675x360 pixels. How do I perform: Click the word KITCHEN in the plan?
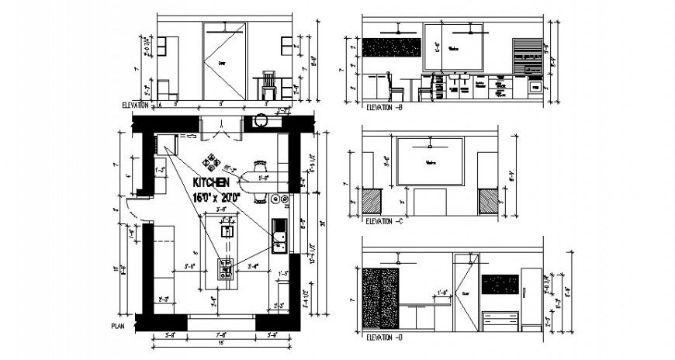tap(210, 182)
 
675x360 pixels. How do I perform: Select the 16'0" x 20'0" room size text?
tap(216, 197)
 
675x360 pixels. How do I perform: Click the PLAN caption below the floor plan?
tap(118, 326)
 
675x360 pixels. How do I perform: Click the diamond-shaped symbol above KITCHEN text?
tap(210, 163)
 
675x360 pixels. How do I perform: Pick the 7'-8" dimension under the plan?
tap(221, 335)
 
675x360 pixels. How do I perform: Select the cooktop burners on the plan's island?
tap(227, 268)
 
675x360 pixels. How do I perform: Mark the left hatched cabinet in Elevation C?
tap(372, 202)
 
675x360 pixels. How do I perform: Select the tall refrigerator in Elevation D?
tap(530, 299)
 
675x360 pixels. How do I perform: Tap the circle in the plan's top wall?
tap(261, 121)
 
